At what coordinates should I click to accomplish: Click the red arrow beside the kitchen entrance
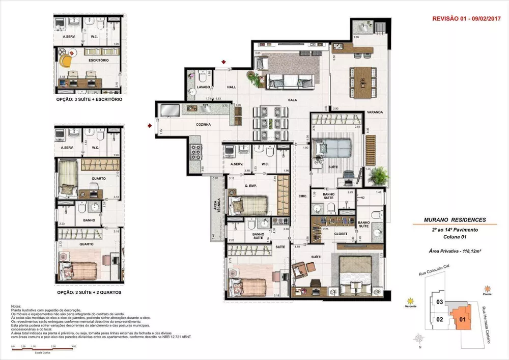coord(149,124)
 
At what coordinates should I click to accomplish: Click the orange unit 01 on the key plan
coord(462,319)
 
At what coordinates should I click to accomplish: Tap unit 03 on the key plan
coord(439,302)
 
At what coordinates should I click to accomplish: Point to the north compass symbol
coord(418,339)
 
